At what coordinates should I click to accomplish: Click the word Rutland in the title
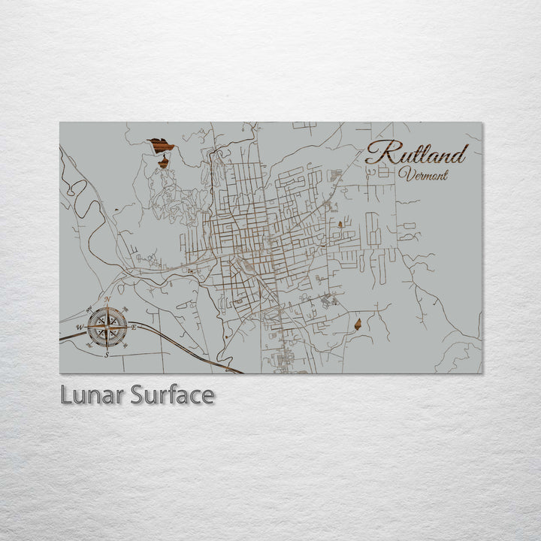pos(416,154)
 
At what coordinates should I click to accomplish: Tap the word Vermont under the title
pos(424,175)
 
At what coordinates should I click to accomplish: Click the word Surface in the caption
pos(171,395)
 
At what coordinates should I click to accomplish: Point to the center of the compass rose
pos(107,326)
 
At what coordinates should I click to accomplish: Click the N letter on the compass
pos(107,300)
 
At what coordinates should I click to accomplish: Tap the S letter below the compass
pos(107,353)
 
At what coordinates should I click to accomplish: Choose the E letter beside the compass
pos(134,327)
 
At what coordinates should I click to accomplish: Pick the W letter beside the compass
pos(79,327)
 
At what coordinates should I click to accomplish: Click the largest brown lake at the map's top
pos(160,144)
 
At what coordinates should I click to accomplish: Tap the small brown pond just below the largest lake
pos(163,162)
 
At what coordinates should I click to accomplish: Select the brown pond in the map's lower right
pos(358,324)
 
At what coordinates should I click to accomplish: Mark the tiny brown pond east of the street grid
pos(340,224)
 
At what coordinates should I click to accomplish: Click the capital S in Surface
pos(138,395)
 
